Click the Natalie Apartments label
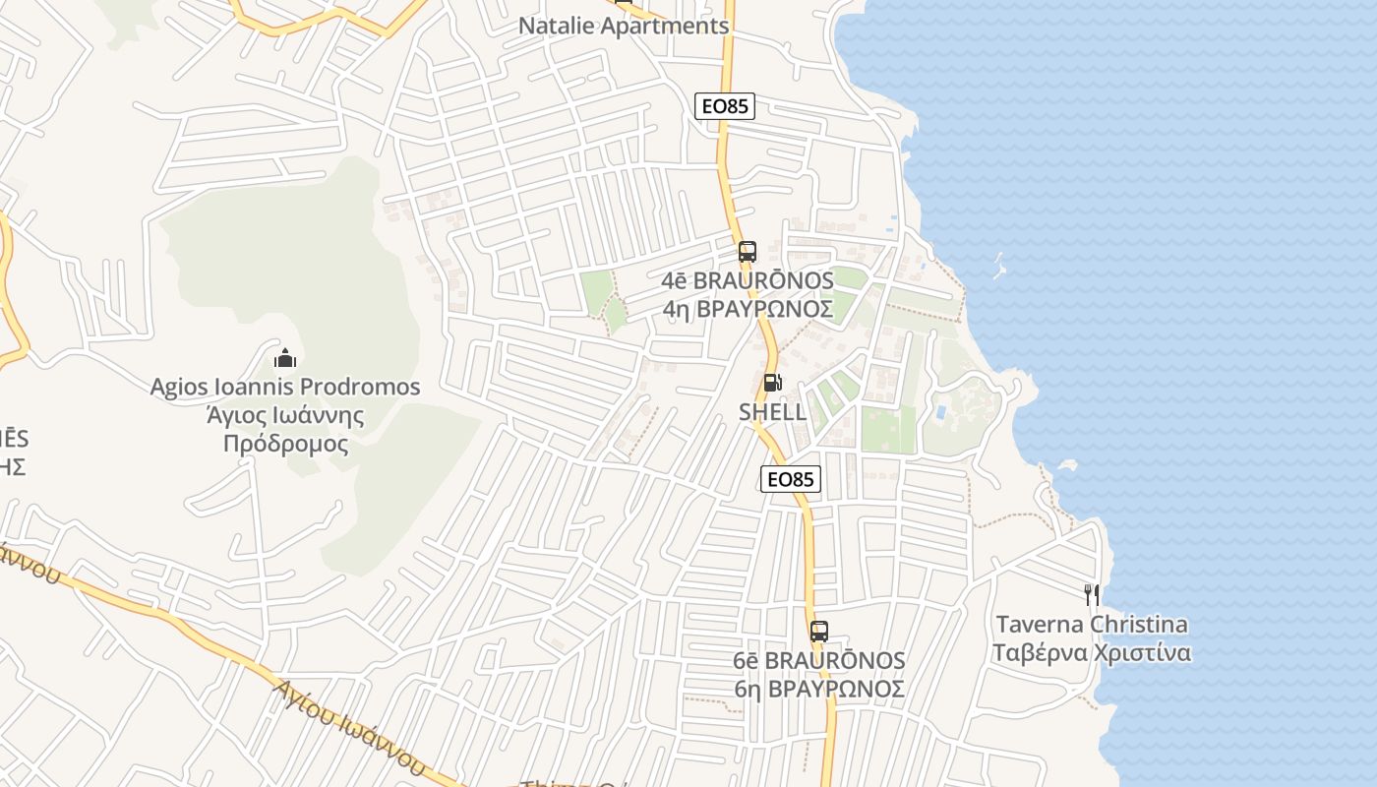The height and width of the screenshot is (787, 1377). tap(624, 27)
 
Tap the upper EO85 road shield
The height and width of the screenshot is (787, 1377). tap(725, 106)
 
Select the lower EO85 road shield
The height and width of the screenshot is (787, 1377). tap(791, 479)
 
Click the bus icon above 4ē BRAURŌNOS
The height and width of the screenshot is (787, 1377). tap(748, 251)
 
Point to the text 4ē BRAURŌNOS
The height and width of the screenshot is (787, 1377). tap(748, 281)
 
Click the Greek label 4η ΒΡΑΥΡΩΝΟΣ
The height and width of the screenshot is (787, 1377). tap(748, 310)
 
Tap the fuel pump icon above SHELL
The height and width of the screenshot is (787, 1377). tap(773, 383)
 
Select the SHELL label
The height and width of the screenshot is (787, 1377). tap(772, 412)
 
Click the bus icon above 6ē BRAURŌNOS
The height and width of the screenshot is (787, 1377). tap(819, 632)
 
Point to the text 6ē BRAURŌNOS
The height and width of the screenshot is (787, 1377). tap(819, 660)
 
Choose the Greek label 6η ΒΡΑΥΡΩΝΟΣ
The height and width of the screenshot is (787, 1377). tap(819, 689)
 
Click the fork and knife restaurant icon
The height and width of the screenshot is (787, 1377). tap(1091, 594)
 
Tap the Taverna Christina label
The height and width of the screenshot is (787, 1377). tap(1092, 625)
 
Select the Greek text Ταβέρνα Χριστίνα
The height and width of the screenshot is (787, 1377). tap(1092, 653)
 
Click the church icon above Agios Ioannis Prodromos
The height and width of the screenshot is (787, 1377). tap(285, 357)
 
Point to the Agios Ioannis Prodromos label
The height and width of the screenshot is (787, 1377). tap(285, 387)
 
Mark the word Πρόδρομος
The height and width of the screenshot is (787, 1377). tap(285, 444)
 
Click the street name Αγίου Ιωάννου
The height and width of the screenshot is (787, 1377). tap(349, 728)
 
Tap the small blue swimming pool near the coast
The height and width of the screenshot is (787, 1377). tap(940, 411)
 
